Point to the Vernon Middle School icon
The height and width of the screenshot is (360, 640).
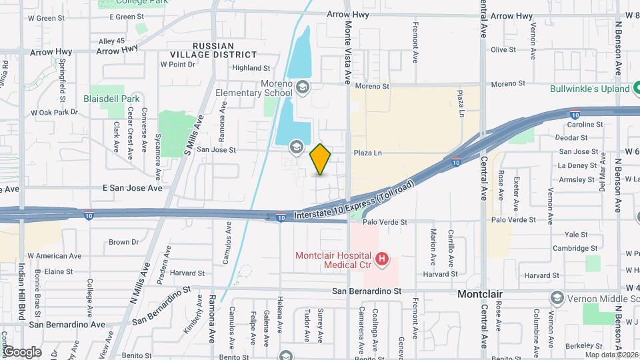pyautogui.click(x=557, y=297)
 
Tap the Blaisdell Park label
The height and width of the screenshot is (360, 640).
pyautogui.click(x=110, y=98)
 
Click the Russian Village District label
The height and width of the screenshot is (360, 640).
pyautogui.click(x=224, y=50)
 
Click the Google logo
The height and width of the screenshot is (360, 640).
pyautogui.click(x=21, y=351)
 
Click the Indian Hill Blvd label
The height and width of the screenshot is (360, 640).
pyautogui.click(x=21, y=301)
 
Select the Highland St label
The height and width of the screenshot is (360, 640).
pyautogui.click(x=251, y=68)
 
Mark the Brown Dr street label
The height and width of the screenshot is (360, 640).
pyautogui.click(x=123, y=242)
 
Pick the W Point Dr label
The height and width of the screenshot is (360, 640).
pyautogui.click(x=178, y=65)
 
